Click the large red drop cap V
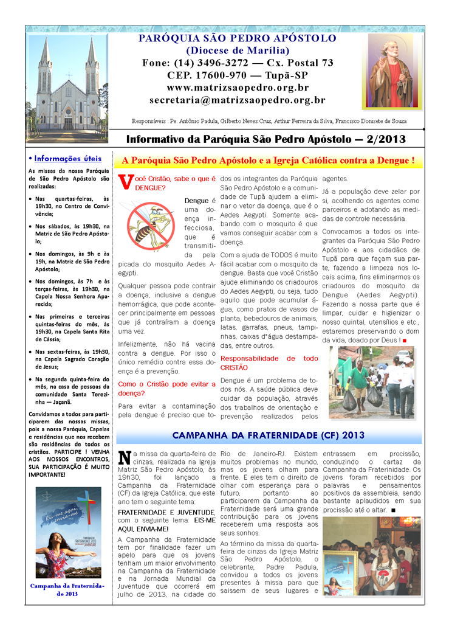125,182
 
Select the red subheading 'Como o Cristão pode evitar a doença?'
166,389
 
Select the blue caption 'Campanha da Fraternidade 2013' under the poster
68,589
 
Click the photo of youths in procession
371,556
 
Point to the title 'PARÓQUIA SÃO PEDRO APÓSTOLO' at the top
238,38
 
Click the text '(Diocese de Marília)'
238,50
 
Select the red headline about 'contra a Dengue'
268,161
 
